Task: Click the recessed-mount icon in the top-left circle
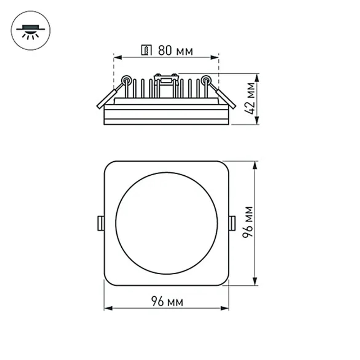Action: (31, 31)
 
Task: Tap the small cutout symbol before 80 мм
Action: (147, 51)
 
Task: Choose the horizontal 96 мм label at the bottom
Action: (167, 302)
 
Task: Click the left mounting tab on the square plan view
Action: (101, 223)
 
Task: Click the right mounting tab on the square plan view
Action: (232, 223)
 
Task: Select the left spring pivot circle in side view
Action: (126, 80)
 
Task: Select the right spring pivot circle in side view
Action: (206, 80)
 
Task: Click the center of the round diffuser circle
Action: (166, 223)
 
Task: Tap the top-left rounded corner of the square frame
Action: (108, 165)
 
